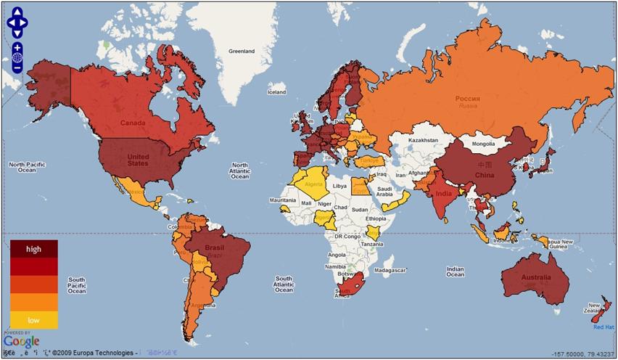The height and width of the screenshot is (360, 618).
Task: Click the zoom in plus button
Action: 17,47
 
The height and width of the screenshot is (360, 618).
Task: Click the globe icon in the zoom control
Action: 17,58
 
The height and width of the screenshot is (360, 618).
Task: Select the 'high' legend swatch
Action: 33,249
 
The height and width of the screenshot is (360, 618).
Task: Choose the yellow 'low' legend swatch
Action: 33,320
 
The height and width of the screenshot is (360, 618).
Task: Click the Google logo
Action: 21,341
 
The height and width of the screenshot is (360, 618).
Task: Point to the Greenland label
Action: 242,52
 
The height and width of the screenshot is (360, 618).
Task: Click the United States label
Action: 138,160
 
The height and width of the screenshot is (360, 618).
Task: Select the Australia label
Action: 535,278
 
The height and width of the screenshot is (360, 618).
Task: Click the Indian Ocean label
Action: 455,271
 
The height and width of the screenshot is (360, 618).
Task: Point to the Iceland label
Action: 276,92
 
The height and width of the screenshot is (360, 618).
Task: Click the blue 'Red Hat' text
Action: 603,327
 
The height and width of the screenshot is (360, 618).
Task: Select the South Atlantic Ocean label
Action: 284,285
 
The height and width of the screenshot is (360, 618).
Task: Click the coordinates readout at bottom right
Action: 582,353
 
